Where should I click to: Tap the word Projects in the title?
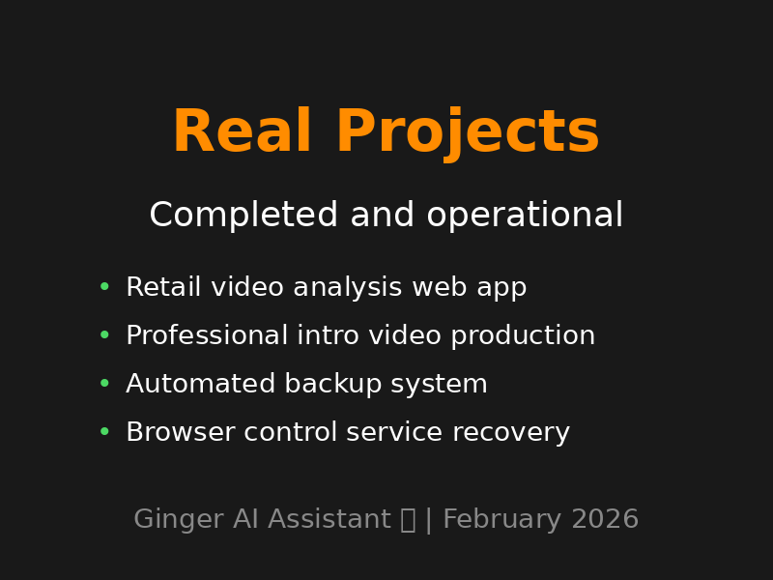tap(467, 133)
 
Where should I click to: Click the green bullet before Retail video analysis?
tap(104, 287)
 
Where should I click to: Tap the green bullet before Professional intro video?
tap(104, 335)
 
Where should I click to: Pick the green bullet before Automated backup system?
tap(104, 384)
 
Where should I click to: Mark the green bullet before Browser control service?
tap(104, 432)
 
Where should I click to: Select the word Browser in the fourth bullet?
tap(180, 433)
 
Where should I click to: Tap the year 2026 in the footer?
tap(605, 520)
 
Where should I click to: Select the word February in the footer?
tap(502, 520)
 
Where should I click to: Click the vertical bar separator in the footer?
tap(429, 520)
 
